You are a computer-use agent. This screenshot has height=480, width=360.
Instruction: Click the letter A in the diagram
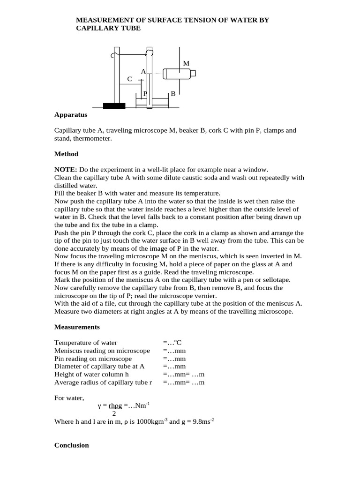coord(143,71)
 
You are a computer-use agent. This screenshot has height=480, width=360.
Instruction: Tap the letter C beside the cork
coord(130,80)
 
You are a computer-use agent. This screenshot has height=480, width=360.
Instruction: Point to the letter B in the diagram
coord(172,94)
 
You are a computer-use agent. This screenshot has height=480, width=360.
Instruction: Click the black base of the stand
coord(114,106)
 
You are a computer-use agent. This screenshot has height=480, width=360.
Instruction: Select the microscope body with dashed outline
coord(177,74)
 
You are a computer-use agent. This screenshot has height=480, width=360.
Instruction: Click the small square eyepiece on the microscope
coord(193,73)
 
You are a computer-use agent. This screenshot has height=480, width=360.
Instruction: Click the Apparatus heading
coord(71,114)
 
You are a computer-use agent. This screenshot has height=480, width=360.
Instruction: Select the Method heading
coord(67,154)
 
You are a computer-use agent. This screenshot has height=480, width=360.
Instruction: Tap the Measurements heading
coord(77,327)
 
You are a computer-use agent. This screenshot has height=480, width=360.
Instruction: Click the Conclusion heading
coord(71,445)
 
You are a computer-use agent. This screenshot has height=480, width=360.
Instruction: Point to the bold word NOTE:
coord(66,169)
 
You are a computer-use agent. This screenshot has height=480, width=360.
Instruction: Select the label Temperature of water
coord(86,343)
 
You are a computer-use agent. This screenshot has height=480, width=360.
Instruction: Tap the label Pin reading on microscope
coord(93,359)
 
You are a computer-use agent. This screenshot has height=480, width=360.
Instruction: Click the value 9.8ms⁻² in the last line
coord(203,421)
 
